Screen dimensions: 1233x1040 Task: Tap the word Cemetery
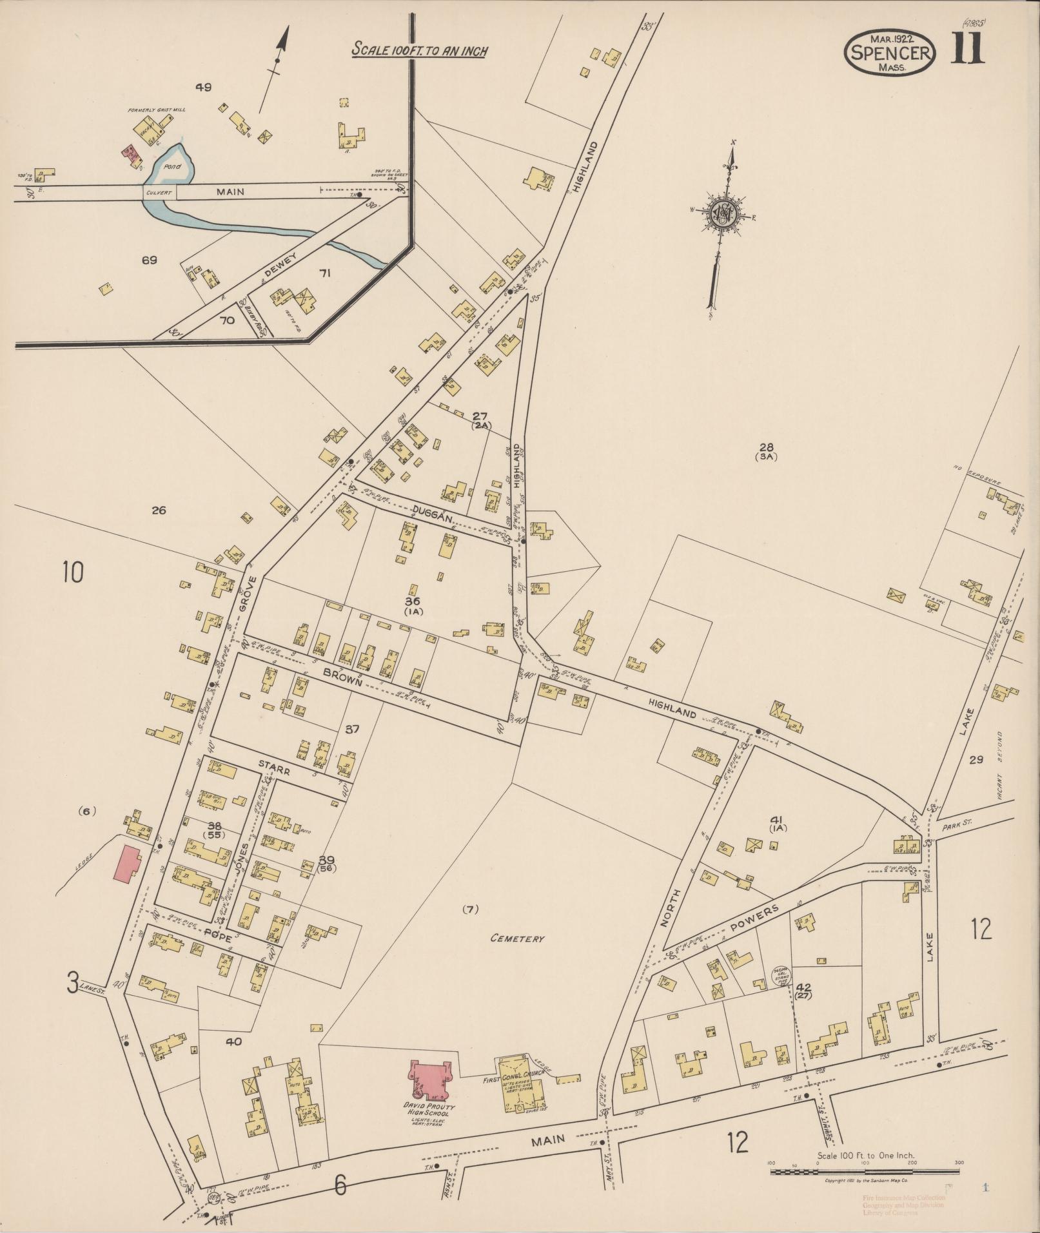click(x=517, y=939)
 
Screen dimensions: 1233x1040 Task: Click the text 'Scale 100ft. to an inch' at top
click(x=418, y=50)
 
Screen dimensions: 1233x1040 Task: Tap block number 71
click(x=325, y=273)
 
